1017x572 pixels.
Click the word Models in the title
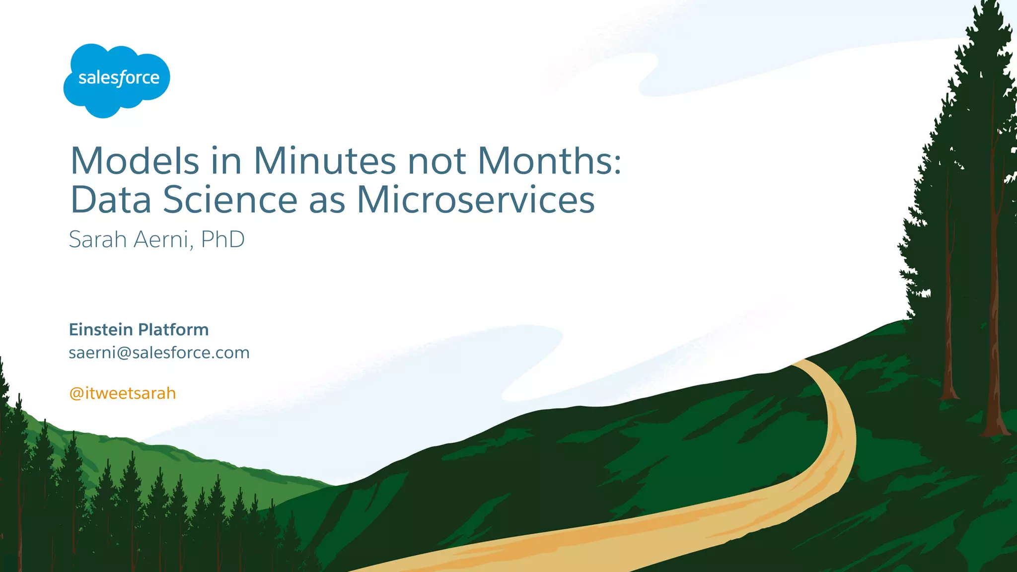point(135,161)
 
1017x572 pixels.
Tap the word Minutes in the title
point(325,161)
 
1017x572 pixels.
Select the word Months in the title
point(543,161)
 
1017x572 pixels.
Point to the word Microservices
point(476,200)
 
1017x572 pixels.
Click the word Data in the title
point(111,200)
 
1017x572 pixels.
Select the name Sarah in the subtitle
point(98,239)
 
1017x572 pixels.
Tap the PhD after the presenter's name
point(223,239)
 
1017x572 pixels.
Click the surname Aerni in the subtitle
point(161,239)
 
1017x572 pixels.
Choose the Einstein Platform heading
point(139,330)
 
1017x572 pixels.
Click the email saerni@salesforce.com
point(159,353)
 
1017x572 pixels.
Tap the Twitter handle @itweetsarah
point(123,393)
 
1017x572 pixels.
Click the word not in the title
point(437,161)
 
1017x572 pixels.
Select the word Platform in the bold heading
point(173,330)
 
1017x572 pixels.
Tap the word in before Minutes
point(226,161)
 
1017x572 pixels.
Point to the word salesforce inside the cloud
point(119,78)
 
